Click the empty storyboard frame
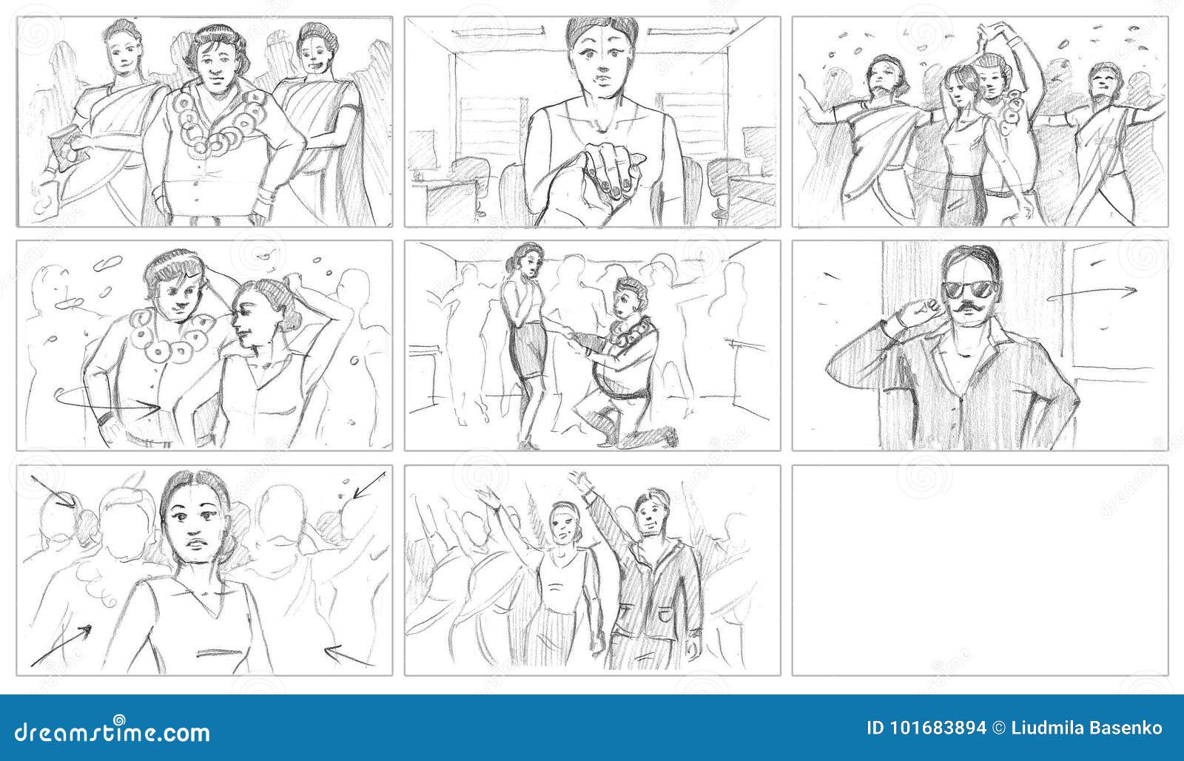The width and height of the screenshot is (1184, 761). [980, 569]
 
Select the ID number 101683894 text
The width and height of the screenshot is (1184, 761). [926, 728]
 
